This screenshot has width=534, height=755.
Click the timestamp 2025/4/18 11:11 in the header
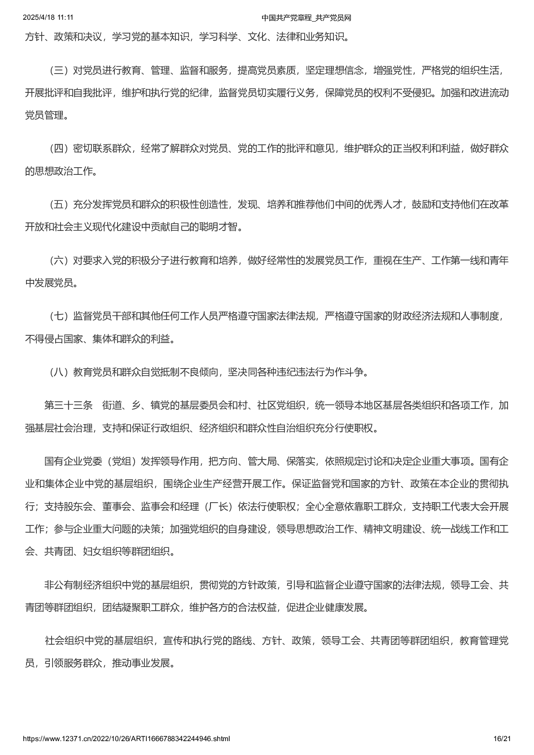pos(48,17)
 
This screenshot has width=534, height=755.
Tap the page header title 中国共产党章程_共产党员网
pos(306,18)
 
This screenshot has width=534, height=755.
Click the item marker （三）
pos(58,70)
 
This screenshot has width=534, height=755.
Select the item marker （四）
pos(58,148)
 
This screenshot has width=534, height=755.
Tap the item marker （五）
pos(58,204)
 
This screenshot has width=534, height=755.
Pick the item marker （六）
pos(58,260)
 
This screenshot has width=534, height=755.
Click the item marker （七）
pos(58,316)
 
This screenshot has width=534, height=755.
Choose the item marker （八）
pos(58,372)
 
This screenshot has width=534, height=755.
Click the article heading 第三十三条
pos(68,405)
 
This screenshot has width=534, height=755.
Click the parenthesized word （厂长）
pos(219,507)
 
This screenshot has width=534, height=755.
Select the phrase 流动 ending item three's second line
pos(499,93)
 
